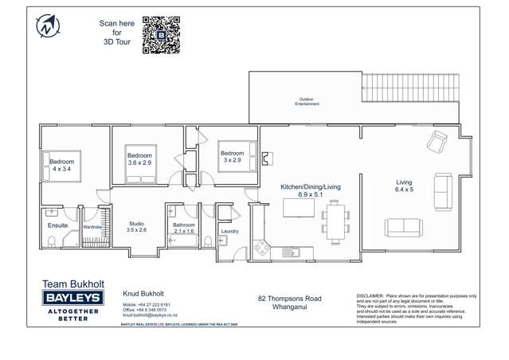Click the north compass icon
click(x=45, y=26)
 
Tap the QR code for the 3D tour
click(x=159, y=35)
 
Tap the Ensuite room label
click(x=58, y=225)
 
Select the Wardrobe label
click(x=93, y=227)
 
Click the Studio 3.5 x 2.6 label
click(x=137, y=227)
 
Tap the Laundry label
click(x=229, y=232)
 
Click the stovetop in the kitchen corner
click(x=261, y=250)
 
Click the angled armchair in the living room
click(x=437, y=144)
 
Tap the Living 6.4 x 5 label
click(x=405, y=186)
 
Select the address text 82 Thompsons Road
click(x=284, y=299)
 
